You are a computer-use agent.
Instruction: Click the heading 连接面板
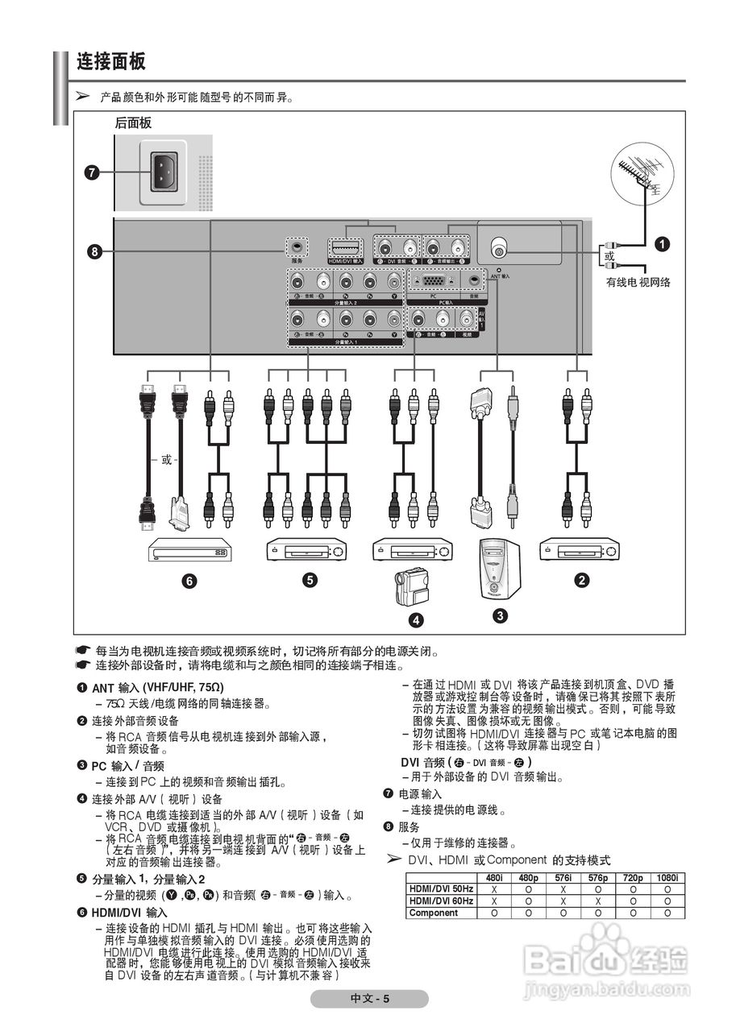pos(110,61)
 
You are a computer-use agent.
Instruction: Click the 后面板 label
pos(133,123)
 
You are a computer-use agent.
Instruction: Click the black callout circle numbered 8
pos(94,251)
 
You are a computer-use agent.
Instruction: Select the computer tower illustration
pos(500,568)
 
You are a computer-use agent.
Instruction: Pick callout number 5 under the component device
pos(309,580)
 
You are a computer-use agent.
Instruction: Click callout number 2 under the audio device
pos(580,578)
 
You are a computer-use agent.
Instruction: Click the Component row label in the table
pos(434,913)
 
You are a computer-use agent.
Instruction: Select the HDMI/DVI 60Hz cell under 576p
pos(597,901)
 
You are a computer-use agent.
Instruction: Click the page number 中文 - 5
pos(370,999)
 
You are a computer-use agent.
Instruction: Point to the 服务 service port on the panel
pos(297,247)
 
